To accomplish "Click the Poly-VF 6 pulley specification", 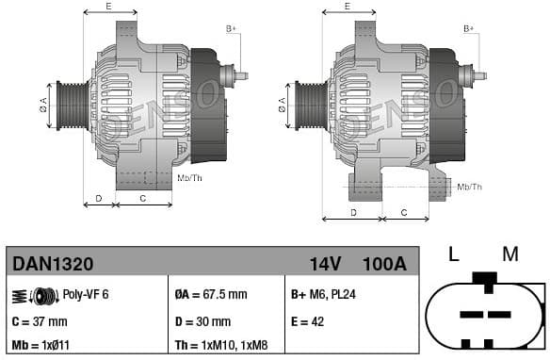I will (86, 295).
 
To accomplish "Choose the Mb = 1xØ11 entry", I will (43, 345).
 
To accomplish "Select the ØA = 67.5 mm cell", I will (211, 295).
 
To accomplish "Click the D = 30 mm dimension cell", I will (203, 320).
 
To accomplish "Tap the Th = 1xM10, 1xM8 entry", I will (222, 345).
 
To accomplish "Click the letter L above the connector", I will (453, 254).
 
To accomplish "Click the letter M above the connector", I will (510, 254).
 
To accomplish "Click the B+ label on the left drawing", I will (232, 30).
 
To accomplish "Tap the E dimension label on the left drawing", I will (109, 7).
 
